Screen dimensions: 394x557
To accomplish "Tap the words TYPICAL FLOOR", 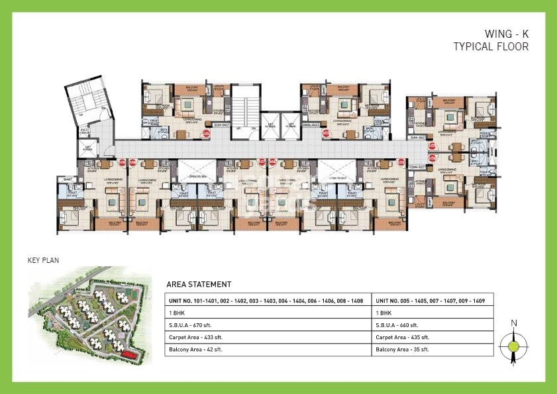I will click(x=491, y=46).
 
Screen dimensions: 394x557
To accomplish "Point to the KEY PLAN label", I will click(x=44, y=260).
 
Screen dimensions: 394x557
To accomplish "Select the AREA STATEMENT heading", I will click(x=199, y=284).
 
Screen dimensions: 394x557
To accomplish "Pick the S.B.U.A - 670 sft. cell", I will click(x=194, y=325).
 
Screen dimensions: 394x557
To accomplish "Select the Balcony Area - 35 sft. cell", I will click(x=403, y=349).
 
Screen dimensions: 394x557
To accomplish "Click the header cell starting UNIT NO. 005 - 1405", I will click(x=430, y=301).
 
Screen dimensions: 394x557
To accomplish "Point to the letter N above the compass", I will click(x=514, y=323).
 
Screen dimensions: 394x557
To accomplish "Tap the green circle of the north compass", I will click(x=514, y=344).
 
